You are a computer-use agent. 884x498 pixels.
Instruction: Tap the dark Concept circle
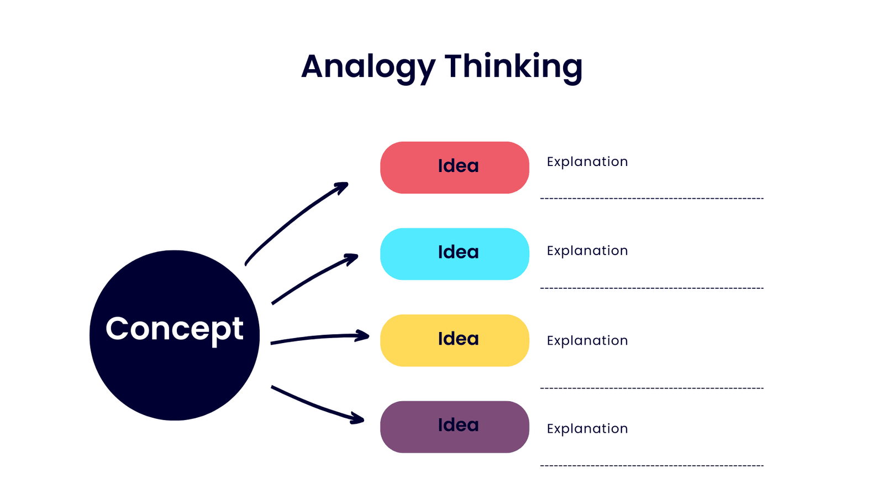click(x=175, y=335)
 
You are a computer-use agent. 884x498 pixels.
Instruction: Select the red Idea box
click(x=455, y=168)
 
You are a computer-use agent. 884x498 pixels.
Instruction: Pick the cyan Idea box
click(x=455, y=254)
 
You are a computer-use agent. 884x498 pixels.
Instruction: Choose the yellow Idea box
click(x=455, y=340)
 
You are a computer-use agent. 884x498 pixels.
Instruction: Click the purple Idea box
click(x=455, y=427)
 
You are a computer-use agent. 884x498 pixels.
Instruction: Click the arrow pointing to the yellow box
click(x=320, y=337)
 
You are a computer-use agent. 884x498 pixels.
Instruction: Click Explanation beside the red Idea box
click(x=587, y=162)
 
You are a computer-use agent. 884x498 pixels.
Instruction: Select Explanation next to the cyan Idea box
click(x=587, y=251)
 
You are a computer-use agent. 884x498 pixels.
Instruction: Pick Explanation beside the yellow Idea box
click(x=587, y=341)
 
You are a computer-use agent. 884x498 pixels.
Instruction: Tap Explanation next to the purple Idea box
click(x=587, y=429)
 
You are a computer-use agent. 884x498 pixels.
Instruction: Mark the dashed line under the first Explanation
click(x=652, y=199)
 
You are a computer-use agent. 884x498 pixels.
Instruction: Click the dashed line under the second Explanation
click(x=652, y=288)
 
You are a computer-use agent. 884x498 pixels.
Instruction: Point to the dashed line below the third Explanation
click(x=652, y=388)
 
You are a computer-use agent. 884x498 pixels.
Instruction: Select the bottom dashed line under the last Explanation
click(x=652, y=465)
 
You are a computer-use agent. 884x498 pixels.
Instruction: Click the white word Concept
click(x=175, y=329)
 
